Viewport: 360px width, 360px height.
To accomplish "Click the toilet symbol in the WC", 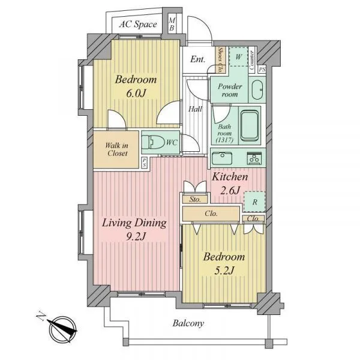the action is coord(152,142).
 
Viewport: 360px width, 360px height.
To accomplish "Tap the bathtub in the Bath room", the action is coord(250,125).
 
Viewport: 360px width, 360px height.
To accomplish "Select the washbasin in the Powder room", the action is coord(257,90).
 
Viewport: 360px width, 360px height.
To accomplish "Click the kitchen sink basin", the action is coord(222,158).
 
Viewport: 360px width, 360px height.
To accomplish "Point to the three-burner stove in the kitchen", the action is coord(254,158).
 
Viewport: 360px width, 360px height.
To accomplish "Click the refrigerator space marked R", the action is coord(254,202).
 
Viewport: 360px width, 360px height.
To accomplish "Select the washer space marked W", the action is coord(239,56).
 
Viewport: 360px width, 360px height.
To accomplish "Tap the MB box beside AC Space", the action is coord(172,24).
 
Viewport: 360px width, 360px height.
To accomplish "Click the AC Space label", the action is coord(138,24).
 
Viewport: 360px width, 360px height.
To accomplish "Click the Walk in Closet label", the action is coord(116,149).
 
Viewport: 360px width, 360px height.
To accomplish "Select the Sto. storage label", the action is coord(195,199).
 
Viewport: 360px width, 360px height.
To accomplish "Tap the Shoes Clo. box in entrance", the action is coord(221,59).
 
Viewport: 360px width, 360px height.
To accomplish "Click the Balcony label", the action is coord(188,323).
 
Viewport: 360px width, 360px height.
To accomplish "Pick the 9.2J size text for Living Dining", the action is coord(136,236).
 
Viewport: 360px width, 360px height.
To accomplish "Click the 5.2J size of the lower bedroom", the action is coord(224,271).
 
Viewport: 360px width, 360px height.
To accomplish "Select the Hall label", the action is coord(196,109).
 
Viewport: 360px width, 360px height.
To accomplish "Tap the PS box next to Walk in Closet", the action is coord(144,163).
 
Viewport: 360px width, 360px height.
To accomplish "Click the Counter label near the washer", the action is coord(251,60).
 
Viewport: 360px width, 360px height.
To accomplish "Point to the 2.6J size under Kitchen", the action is coord(230,190).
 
